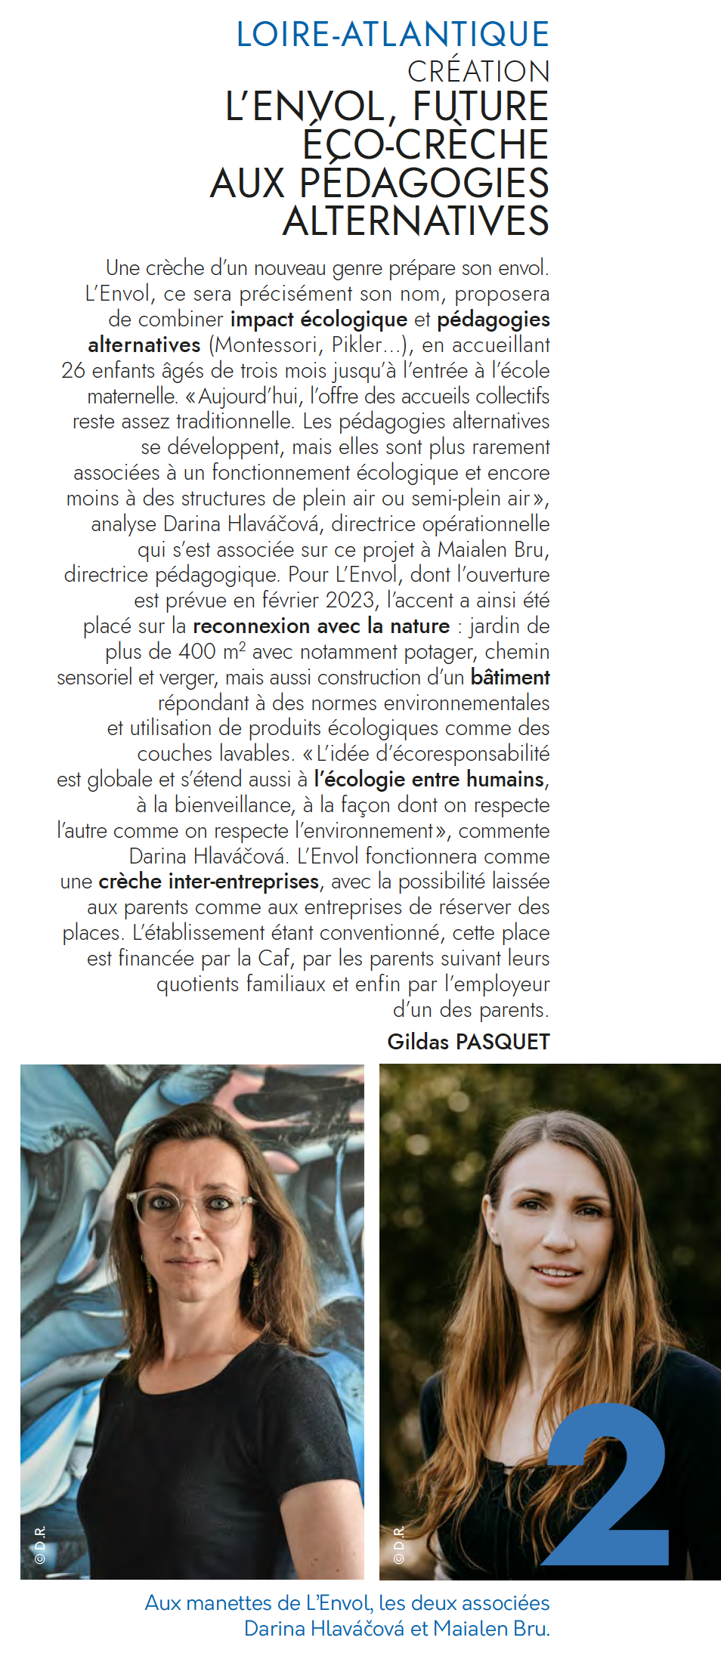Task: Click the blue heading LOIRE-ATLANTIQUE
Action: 392,35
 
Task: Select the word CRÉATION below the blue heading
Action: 478,72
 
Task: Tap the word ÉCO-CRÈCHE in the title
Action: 425,144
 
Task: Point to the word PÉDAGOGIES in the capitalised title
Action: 424,184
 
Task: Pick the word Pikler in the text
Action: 357,345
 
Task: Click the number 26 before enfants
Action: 73,371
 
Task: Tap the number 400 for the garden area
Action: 197,652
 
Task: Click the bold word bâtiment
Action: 510,678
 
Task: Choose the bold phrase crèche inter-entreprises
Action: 209,882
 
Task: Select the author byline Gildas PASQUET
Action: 468,1042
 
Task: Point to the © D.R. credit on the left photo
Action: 40,1544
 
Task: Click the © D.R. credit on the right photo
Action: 398,1544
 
